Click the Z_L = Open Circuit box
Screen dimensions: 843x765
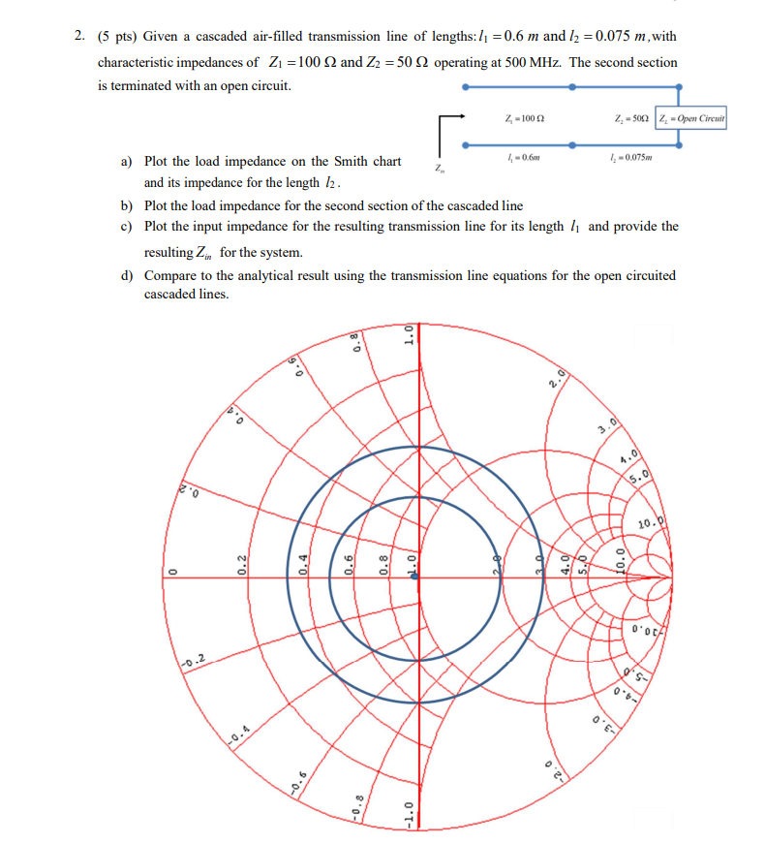tap(691, 119)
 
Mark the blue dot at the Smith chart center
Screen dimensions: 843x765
tap(415, 576)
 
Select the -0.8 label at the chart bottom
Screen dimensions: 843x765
tap(358, 803)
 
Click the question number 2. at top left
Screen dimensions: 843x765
tap(79, 36)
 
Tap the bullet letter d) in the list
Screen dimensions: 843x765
tap(127, 275)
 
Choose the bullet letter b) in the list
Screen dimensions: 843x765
tap(127, 205)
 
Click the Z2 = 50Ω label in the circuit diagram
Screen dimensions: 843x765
tap(631, 118)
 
